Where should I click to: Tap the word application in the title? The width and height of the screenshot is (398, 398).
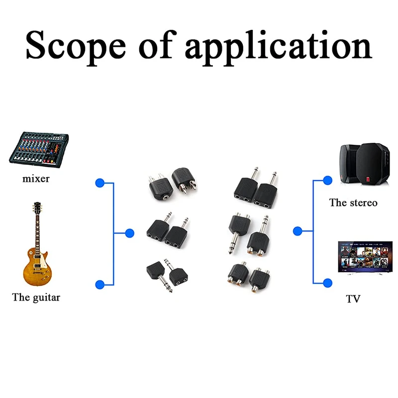[x=279, y=47]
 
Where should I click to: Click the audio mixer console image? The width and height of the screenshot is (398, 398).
[x=39, y=150]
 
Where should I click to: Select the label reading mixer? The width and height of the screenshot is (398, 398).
[x=36, y=179]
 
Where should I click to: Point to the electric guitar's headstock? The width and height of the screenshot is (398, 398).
[x=37, y=208]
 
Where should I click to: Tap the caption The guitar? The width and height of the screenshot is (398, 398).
[x=36, y=297]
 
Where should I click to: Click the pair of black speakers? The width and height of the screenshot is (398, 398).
[x=365, y=163]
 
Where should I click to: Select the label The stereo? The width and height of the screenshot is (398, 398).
[x=353, y=203]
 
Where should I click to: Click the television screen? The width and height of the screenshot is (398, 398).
[x=365, y=257]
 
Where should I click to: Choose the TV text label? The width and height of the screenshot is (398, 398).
[x=353, y=299]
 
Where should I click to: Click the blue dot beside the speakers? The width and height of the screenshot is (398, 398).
[x=328, y=181]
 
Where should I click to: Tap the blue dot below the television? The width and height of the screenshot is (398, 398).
[x=328, y=283]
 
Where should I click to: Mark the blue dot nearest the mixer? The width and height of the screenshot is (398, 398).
[x=100, y=183]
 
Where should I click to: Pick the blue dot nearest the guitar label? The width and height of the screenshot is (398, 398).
[x=100, y=285]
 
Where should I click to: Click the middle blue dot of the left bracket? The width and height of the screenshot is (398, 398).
[x=130, y=233]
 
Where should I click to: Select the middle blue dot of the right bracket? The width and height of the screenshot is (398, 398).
[x=298, y=231]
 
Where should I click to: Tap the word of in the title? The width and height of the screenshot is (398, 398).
[x=158, y=45]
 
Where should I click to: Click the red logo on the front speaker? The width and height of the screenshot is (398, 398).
[x=368, y=179]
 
